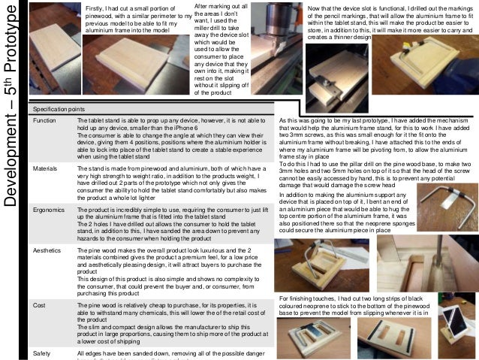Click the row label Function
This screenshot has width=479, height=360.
pyautogui.click(x=45, y=120)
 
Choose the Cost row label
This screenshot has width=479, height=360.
pyautogui.click(x=40, y=306)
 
